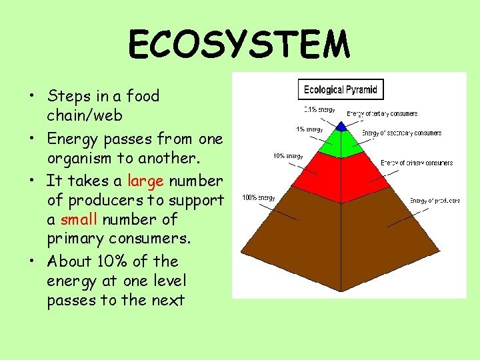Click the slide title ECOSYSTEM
[239, 45]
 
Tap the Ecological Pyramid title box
[340, 89]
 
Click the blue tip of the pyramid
[341, 126]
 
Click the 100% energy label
[258, 197]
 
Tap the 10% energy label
[288, 157]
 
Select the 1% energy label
[309, 129]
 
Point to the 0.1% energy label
[319, 109]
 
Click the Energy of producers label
[435, 201]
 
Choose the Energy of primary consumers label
[417, 163]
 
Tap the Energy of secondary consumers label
[401, 133]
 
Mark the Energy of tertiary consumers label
[382, 114]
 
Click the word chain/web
[85, 115]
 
